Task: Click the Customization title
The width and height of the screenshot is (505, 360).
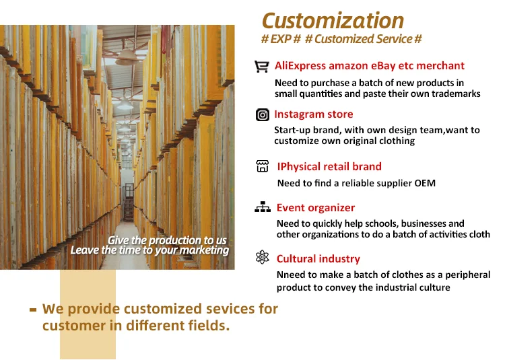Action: click(x=333, y=21)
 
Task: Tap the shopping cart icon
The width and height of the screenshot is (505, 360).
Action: click(x=261, y=67)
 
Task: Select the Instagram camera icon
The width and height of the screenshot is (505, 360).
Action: click(x=263, y=115)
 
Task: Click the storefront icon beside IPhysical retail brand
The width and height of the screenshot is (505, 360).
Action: click(x=263, y=166)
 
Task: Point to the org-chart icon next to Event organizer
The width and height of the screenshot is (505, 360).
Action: click(x=263, y=207)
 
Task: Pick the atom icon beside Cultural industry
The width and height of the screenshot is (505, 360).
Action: click(x=263, y=257)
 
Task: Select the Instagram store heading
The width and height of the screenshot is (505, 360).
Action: click(x=313, y=114)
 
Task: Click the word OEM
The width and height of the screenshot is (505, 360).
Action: click(x=425, y=183)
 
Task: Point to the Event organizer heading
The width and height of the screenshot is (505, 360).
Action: click(x=316, y=208)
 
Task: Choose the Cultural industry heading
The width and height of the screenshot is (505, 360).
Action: click(x=318, y=258)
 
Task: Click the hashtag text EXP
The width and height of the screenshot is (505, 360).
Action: click(x=281, y=39)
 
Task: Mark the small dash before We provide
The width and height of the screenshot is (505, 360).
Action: click(x=33, y=310)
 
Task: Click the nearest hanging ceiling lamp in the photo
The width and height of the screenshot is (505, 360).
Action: click(x=127, y=57)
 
